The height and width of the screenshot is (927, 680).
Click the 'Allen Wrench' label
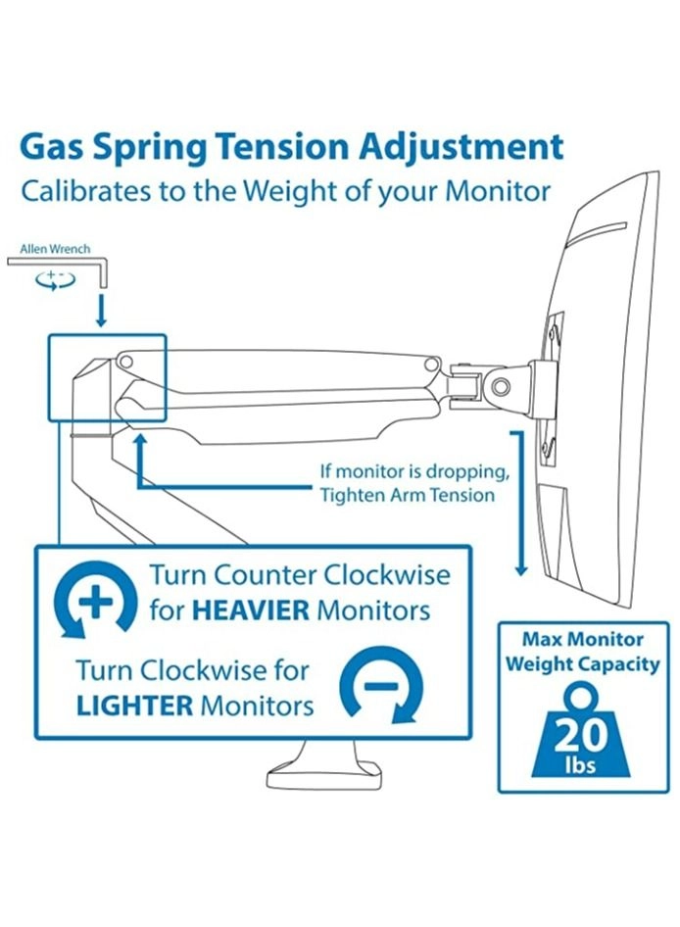[56, 249]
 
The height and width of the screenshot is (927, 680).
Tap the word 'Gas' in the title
[52, 147]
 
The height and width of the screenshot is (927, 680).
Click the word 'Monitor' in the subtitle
[498, 191]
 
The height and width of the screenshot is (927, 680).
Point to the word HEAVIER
[251, 610]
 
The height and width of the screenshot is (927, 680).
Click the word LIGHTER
[135, 706]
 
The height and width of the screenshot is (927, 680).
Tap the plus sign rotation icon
[96, 602]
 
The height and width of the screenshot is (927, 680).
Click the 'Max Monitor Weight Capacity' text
[582, 652]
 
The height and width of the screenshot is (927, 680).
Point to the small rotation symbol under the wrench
[56, 279]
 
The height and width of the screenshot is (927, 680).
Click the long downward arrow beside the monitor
[519, 503]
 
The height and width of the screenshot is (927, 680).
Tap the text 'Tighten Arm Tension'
[408, 494]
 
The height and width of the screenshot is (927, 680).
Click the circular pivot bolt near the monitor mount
[501, 386]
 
